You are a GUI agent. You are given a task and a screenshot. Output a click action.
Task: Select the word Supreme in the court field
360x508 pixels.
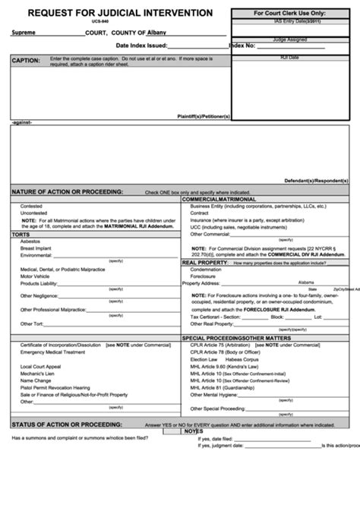click(x=27, y=33)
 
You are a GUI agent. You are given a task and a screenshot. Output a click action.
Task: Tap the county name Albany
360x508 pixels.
click(x=156, y=33)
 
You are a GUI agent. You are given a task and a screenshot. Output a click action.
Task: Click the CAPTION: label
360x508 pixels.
click(x=26, y=59)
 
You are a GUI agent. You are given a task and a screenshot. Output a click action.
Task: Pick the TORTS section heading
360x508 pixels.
click(x=21, y=235)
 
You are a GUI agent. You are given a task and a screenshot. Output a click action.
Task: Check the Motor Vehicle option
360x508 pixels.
click(x=36, y=276)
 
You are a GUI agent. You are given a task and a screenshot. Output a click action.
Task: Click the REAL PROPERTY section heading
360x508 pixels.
click(x=205, y=262)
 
